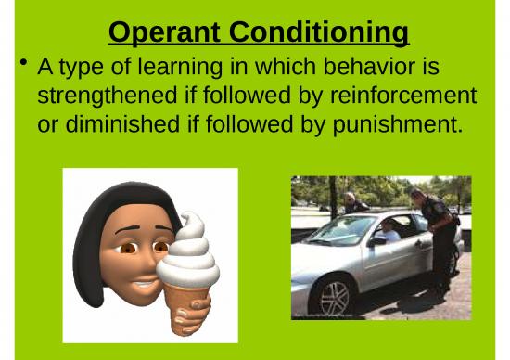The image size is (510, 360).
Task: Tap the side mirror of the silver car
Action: point(377,241)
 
